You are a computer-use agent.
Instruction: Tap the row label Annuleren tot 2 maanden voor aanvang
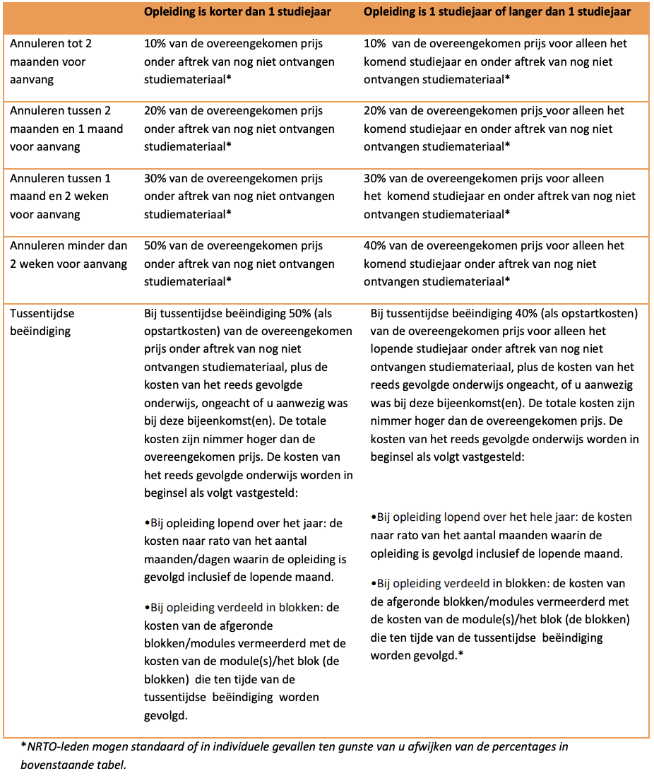coord(51,61)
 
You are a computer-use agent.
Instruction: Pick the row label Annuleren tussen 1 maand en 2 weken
coord(60,196)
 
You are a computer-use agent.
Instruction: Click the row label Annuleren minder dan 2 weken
coord(69,254)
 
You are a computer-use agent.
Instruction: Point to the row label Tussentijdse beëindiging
coord(42,322)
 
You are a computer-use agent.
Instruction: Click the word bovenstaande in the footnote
coord(54,765)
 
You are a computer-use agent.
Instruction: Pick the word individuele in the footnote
coord(249,747)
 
